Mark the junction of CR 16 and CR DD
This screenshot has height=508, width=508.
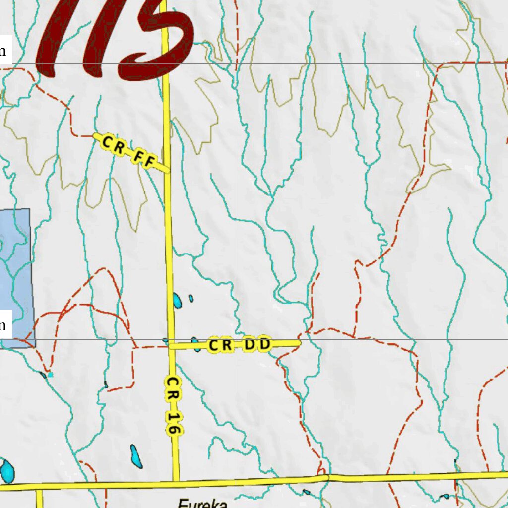tap(171, 346)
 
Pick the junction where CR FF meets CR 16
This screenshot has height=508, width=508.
tap(167, 171)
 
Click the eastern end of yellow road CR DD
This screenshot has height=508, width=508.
tap(300, 342)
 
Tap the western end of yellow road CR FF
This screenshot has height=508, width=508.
tap(95, 135)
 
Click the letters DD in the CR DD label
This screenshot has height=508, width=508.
tap(258, 344)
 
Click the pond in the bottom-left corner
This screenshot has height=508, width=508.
tap(7, 471)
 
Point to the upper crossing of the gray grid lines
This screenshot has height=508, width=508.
tap(236, 63)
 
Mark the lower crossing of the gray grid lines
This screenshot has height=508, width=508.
tap(236, 340)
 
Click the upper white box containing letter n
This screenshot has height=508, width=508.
tap(4, 51)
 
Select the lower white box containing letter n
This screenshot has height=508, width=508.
tap(4, 326)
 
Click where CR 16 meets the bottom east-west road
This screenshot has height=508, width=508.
tap(176, 481)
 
